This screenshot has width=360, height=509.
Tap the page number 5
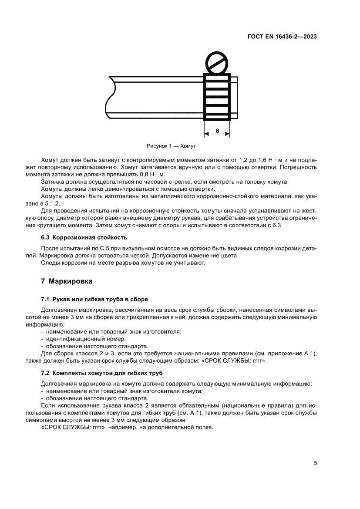(315, 463)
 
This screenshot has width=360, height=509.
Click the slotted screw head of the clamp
(216, 63)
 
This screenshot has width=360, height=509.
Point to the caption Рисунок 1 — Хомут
(172, 147)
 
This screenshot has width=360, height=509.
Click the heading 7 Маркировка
(66, 281)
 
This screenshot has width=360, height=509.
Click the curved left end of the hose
(109, 98)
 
